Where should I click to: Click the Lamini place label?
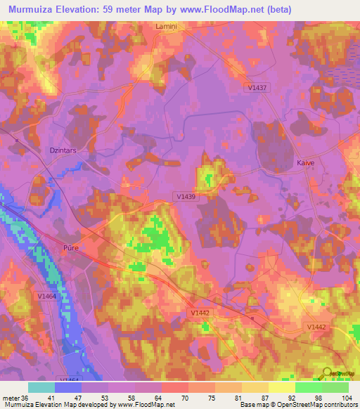point(167,25)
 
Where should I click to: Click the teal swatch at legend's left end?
point(41,387)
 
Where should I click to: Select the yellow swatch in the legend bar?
point(281,387)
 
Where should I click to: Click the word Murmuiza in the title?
point(36,8)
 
